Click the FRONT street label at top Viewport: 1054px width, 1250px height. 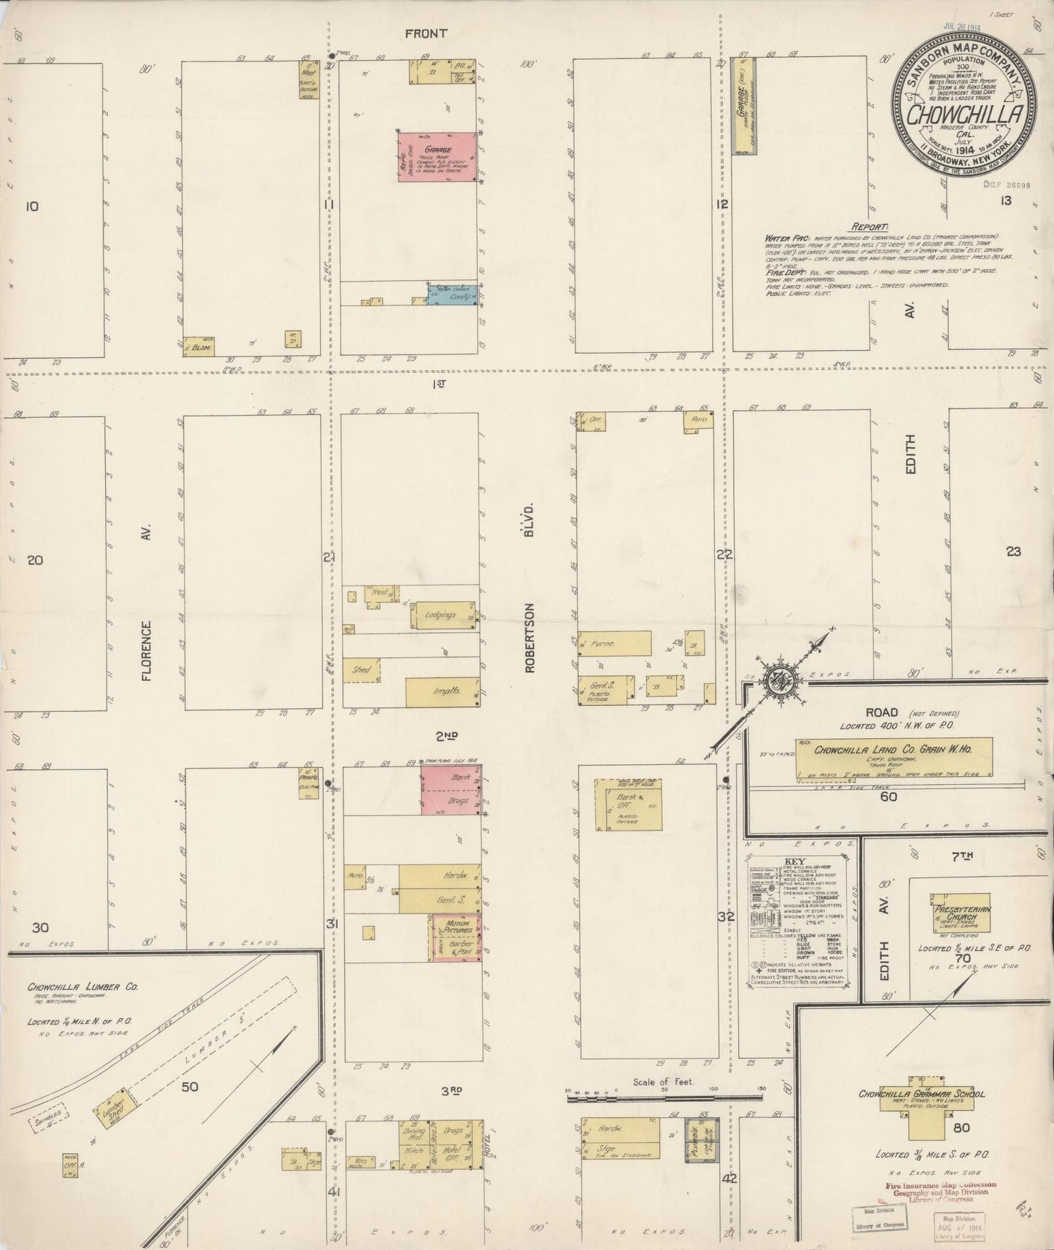426,33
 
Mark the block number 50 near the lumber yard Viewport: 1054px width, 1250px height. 190,1087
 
